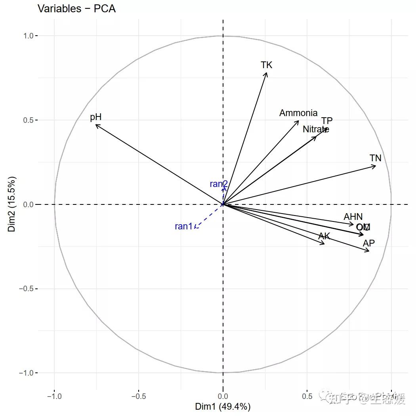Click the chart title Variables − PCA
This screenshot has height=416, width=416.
coord(76,8)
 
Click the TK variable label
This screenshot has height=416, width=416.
coord(267,65)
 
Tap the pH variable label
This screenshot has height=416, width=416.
coord(96,117)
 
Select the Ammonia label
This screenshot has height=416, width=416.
coord(298,113)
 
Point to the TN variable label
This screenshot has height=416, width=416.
coord(375,158)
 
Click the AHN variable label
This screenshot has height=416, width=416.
coord(353,217)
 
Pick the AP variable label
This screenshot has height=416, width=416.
coord(369,243)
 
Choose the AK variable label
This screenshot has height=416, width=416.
coord(324,237)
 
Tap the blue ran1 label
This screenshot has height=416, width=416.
coord(183,227)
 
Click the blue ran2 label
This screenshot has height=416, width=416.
coord(219,184)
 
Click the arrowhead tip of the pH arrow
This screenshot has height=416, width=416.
coord(96,125)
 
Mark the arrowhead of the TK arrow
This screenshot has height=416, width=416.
coord(267,73)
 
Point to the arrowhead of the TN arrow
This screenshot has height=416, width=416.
coord(376,166)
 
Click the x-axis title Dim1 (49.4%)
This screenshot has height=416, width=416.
coord(223,406)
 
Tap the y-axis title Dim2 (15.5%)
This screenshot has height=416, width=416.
coord(12,204)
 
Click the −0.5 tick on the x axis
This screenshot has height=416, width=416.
coord(139,396)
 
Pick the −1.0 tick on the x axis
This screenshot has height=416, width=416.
coord(54,396)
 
